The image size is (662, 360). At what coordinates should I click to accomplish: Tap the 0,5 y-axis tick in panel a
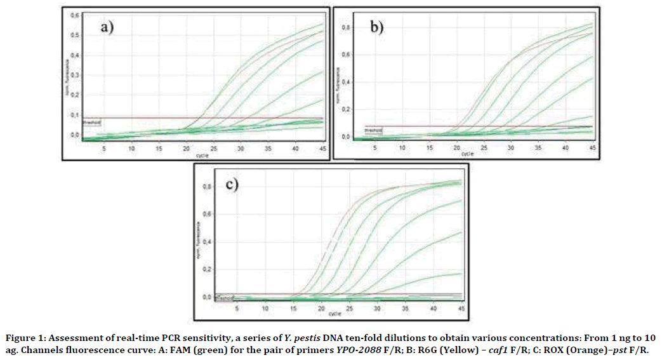click(x=74, y=35)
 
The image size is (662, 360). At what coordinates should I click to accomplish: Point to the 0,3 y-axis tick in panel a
click(x=74, y=75)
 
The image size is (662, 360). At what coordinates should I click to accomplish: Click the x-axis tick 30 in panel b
click(x=511, y=148)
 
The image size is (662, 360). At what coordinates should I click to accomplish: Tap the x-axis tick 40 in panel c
click(x=434, y=309)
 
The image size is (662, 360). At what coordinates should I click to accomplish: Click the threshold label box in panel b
click(x=374, y=130)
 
